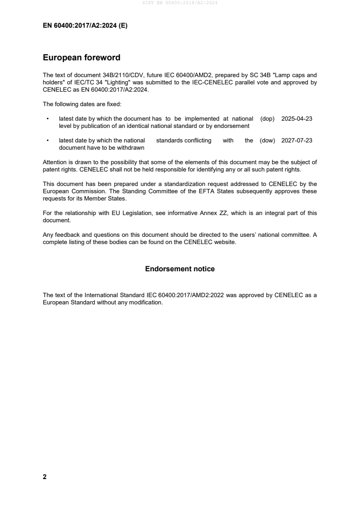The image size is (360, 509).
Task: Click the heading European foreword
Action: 81,58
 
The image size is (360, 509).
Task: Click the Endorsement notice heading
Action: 180,269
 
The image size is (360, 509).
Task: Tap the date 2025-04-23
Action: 297,119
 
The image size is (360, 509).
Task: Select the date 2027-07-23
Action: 297,141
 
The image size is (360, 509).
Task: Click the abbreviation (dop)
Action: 268,119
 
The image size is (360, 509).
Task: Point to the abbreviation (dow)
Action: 267,141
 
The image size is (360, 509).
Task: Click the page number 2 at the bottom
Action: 44,477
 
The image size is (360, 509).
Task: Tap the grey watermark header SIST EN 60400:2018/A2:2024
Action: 180,3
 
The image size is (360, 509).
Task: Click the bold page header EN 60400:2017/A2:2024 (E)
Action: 85,26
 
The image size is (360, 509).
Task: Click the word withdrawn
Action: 131,148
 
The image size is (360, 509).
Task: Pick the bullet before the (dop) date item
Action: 48,119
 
